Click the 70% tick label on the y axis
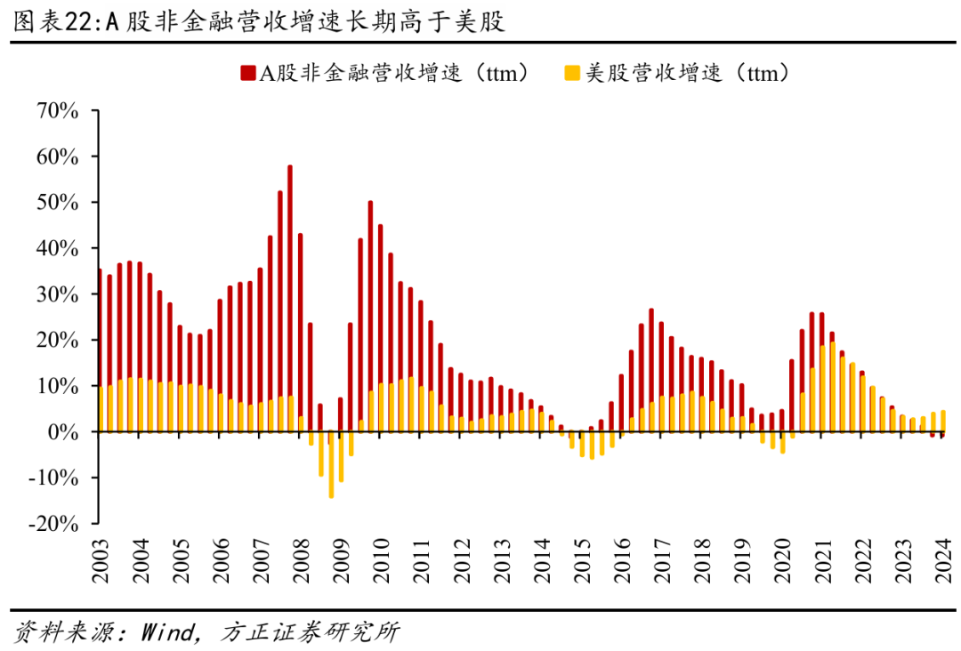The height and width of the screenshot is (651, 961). coord(59,111)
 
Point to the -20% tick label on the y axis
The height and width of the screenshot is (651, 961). coord(55,524)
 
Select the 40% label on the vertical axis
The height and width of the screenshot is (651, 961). coord(59,249)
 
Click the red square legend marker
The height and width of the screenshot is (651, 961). coord(246,72)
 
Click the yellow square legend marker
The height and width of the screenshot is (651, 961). coord(571,72)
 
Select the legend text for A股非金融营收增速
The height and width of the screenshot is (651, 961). coord(392,73)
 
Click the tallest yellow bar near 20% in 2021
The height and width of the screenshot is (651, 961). coord(832,387)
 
